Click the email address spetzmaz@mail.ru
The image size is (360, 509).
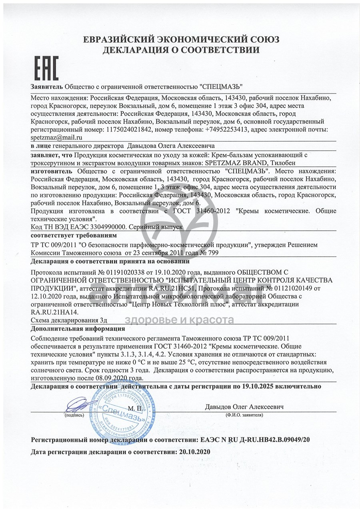(x=56, y=137)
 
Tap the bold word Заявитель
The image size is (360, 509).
(x=46, y=86)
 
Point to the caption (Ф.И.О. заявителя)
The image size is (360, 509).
(x=244, y=415)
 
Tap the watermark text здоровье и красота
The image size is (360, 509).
(x=179, y=320)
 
